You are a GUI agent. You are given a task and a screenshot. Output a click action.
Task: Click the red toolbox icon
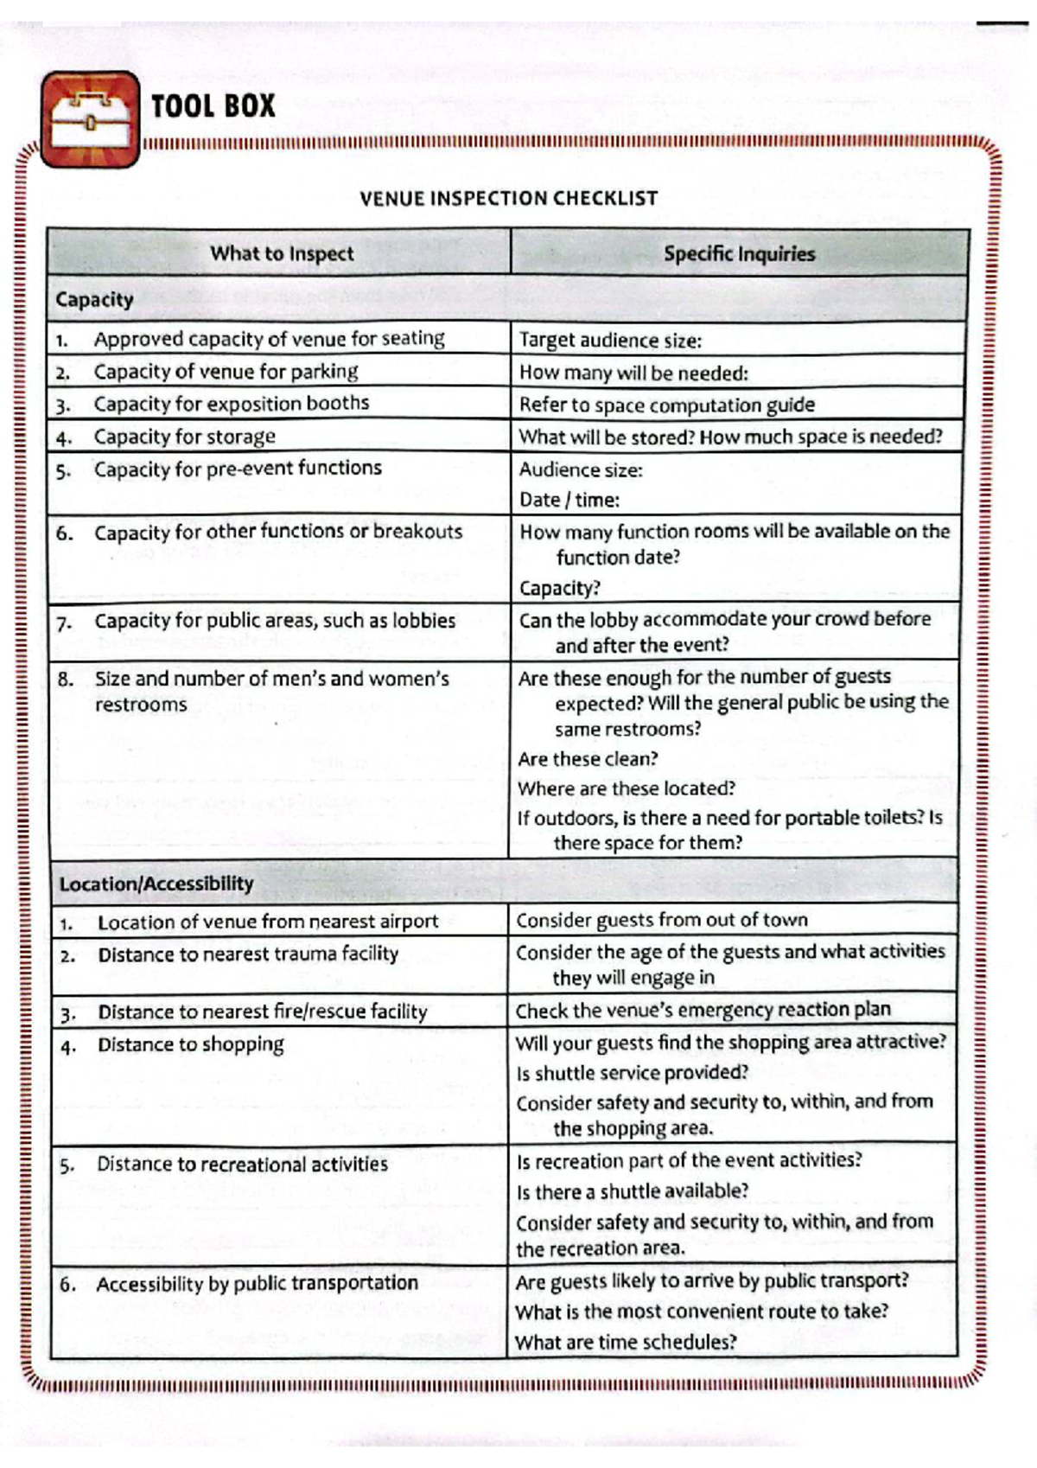pos(90,119)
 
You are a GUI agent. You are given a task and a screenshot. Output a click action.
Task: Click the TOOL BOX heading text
pos(213,106)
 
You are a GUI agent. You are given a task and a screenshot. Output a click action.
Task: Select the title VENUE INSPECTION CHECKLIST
pos(508,199)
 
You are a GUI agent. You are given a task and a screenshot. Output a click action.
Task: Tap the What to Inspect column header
pos(282,253)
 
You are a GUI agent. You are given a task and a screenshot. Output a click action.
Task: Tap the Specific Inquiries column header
pos(739,254)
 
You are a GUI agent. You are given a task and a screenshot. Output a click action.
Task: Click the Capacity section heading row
pos(95,300)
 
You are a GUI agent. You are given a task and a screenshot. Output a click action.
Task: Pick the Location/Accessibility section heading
pos(156,884)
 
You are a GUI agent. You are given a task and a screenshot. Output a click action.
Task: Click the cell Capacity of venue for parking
pos(226,372)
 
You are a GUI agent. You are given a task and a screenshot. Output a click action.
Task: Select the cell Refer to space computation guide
pos(666,405)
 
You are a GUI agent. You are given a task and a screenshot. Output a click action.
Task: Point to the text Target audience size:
pos(610,341)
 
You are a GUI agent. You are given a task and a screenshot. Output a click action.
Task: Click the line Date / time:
pos(569,500)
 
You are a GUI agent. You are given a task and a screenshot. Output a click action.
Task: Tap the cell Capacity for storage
pos(184,437)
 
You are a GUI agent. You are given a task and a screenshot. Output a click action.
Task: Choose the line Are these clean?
pos(588,759)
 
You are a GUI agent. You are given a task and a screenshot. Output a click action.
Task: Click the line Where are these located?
pos(627,788)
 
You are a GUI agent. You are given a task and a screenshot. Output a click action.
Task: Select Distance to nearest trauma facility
pos(248,954)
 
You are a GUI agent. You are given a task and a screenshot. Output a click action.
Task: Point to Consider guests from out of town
pos(662,920)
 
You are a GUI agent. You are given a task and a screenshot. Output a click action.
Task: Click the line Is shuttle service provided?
pos(633,1073)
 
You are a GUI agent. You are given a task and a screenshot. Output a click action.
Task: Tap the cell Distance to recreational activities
pos(242,1165)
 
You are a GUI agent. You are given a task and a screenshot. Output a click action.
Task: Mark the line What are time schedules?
pos(626,1342)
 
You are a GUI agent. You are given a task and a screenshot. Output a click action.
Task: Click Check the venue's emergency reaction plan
pos(703,1010)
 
